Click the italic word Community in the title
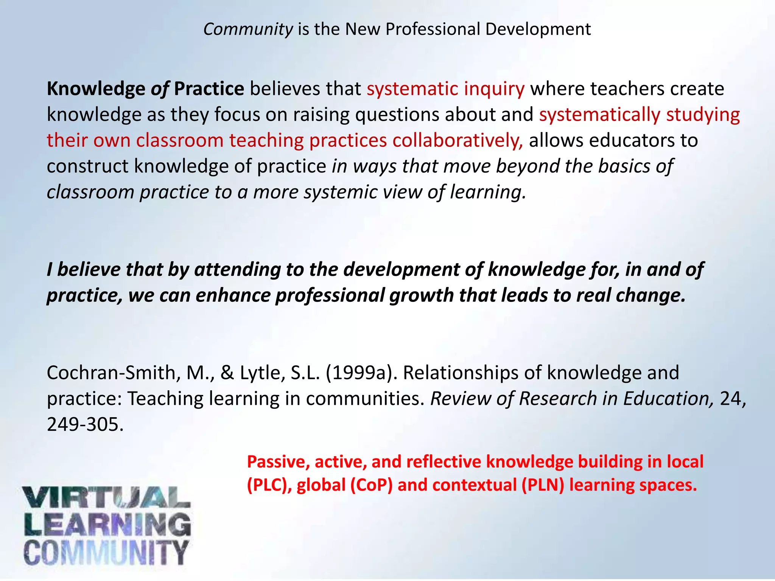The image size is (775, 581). (x=248, y=30)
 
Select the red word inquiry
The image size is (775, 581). (x=494, y=89)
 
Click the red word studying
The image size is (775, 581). (x=703, y=115)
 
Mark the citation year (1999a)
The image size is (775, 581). (x=361, y=373)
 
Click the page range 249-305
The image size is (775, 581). (x=85, y=424)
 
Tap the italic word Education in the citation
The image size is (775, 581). (x=668, y=399)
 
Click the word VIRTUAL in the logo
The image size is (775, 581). (x=106, y=497)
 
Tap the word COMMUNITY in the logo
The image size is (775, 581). (x=106, y=552)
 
